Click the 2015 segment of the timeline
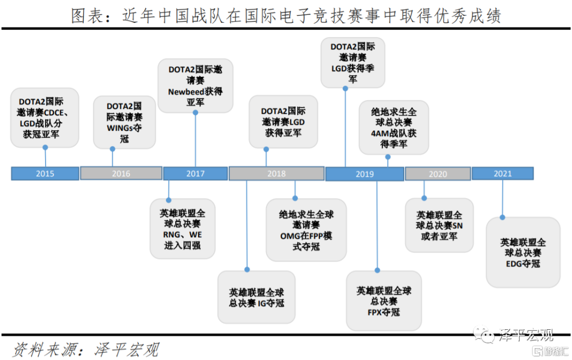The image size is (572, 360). pyautogui.click(x=45, y=173)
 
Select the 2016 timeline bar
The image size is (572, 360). pyautogui.click(x=121, y=173)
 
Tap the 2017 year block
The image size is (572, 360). pyautogui.click(x=195, y=173)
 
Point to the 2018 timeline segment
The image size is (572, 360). pyautogui.click(x=276, y=173)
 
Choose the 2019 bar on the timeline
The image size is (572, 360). pyautogui.click(x=364, y=174)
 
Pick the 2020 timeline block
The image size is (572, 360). pyautogui.click(x=437, y=174)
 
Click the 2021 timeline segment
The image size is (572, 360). pyautogui.click(x=502, y=173)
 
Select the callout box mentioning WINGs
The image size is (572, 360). pyautogui.click(x=124, y=122)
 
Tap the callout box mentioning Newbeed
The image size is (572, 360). pyautogui.click(x=195, y=85)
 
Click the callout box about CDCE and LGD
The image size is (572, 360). pyautogui.click(x=44, y=118)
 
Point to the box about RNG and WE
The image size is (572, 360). pyautogui.click(x=182, y=229)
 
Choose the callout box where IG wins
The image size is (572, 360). pyautogui.click(x=256, y=298)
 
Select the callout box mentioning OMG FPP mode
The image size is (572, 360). pyautogui.click(x=306, y=230)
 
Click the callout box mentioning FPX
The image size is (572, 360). pyautogui.click(x=383, y=301)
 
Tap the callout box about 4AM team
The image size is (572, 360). pyautogui.click(x=394, y=128)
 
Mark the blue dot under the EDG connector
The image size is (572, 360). pyautogui.click(x=502, y=217)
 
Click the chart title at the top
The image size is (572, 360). pyautogui.click(x=286, y=16)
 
